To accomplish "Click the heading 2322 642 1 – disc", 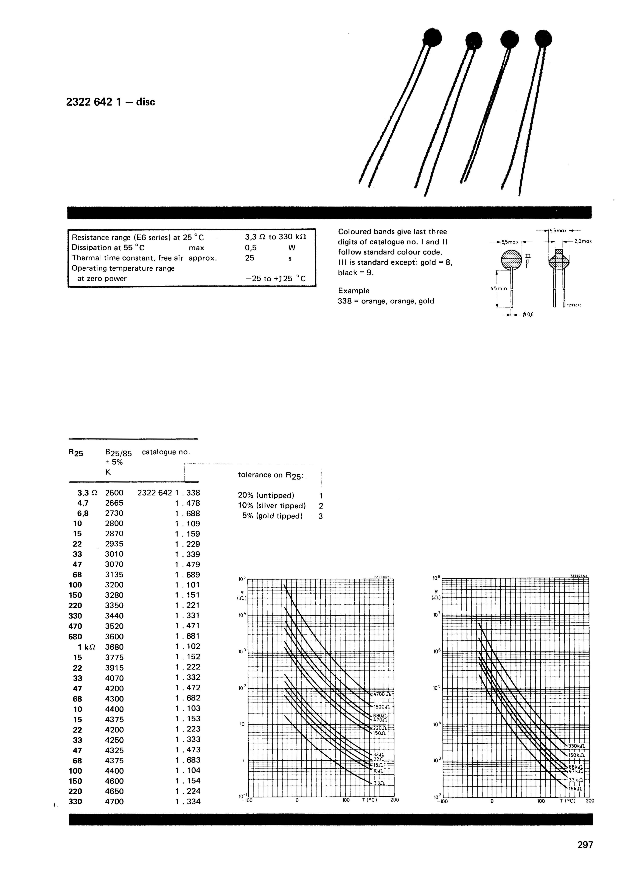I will [x=111, y=102].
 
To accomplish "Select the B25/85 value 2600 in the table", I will [x=114, y=493].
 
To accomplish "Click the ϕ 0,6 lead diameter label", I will [x=528, y=314].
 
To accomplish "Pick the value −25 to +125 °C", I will [x=275, y=278].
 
